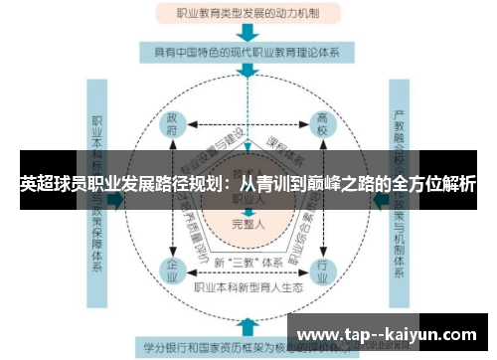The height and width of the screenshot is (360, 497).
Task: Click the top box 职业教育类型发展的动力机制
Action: (248, 14)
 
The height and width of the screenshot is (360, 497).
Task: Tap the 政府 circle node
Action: (174, 126)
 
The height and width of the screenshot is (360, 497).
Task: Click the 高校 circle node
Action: (323, 126)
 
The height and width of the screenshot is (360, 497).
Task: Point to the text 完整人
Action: (248, 224)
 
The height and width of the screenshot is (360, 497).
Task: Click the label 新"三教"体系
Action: (248, 261)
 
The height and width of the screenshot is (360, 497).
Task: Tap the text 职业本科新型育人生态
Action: (248, 288)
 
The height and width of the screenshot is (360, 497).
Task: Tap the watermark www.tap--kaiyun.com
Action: (388, 334)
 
